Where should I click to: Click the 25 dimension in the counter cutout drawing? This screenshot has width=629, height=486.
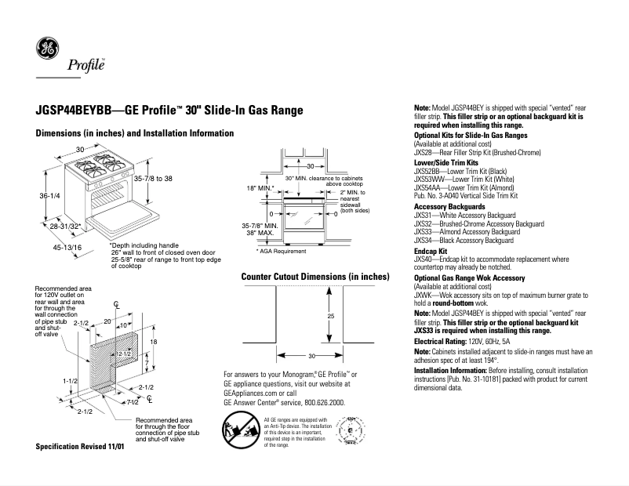332,294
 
